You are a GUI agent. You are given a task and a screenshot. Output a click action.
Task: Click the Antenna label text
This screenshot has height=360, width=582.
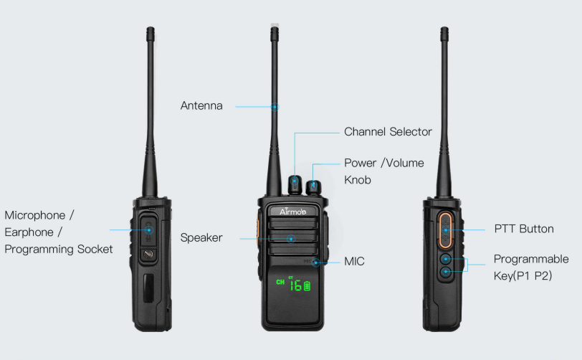point(201,106)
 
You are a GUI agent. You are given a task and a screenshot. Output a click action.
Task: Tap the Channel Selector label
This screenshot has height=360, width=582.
point(388,132)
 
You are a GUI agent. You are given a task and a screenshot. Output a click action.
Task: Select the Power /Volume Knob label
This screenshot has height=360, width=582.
point(383,171)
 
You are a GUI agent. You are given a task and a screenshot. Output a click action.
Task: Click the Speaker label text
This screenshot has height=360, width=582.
point(201,238)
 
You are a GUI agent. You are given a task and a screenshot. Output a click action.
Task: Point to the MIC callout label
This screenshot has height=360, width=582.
point(354,262)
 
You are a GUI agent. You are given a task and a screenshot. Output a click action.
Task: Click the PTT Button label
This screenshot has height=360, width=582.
point(524,229)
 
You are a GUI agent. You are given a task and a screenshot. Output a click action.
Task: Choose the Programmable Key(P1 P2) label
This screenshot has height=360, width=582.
point(531,267)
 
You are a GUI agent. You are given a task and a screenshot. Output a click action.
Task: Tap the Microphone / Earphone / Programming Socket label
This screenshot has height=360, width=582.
point(58,232)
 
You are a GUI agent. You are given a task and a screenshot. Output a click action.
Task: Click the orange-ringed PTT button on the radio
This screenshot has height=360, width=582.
point(445,230)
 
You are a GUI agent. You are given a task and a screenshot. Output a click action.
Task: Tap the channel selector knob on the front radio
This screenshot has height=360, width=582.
point(295,184)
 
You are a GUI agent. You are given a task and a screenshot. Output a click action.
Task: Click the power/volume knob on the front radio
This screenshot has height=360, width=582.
point(314,187)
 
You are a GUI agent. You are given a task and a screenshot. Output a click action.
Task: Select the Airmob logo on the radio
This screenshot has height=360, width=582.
point(292,212)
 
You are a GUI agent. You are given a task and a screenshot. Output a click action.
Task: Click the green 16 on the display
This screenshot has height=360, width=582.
point(296,285)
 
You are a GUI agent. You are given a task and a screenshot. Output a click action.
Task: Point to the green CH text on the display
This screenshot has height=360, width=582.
point(280,283)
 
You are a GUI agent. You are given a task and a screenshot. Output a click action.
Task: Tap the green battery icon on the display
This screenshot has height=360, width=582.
point(307,285)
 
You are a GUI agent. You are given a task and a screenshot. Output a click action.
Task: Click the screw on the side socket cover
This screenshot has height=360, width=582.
point(148,254)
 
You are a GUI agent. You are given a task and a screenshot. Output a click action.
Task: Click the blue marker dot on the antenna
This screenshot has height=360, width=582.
point(275,107)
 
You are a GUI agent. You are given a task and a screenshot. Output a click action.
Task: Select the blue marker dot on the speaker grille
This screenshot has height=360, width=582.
point(292,239)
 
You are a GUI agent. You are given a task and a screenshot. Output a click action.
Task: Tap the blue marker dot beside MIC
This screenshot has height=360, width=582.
point(315,262)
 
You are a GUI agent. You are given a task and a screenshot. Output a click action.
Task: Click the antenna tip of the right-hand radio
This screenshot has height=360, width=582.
point(444,28)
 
